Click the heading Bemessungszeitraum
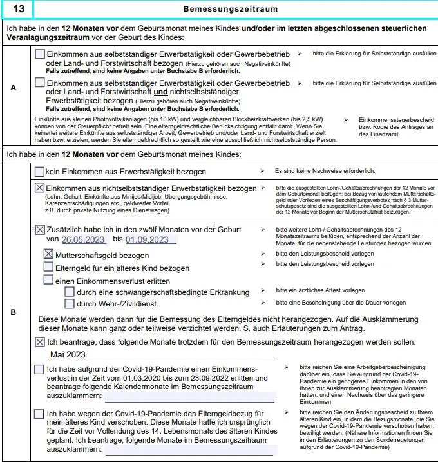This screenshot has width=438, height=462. (231, 10)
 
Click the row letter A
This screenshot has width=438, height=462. (14, 90)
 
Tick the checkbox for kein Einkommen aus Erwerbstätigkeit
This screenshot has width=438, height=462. (39, 172)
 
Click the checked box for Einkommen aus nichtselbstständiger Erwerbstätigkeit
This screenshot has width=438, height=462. (39, 188)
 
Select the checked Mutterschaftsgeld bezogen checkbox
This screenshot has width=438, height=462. (48, 254)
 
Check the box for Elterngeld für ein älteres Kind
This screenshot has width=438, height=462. (48, 266)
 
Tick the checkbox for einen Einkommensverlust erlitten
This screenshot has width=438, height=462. (48, 279)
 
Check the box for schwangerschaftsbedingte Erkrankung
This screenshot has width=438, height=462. (70, 292)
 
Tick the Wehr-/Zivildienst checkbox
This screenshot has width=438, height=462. (70, 303)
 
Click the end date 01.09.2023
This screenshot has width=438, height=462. (151, 240)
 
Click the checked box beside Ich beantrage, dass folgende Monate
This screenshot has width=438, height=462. (39, 341)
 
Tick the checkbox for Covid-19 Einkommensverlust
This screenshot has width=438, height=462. (39, 369)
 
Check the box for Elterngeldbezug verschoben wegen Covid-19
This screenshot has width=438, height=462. (39, 414)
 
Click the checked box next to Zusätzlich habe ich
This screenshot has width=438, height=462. (40, 230)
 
